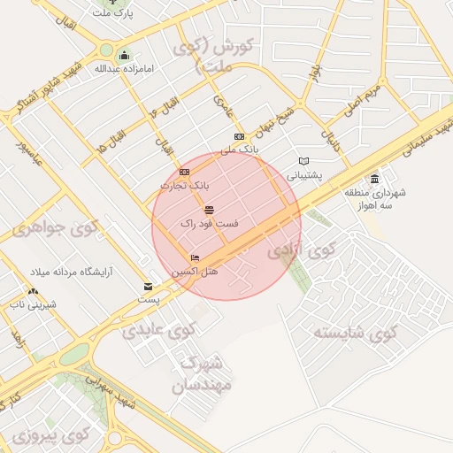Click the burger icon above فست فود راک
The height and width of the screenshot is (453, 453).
pyautogui.click(x=209, y=210)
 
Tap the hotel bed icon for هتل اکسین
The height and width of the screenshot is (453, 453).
pyautogui.click(x=195, y=257)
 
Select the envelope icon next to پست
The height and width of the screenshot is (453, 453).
pyautogui.click(x=149, y=287)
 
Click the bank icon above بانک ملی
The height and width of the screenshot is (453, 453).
pyautogui.click(x=240, y=136)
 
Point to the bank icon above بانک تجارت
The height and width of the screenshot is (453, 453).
pyautogui.click(x=184, y=172)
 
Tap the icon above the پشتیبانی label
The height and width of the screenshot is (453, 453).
pyautogui.click(x=305, y=161)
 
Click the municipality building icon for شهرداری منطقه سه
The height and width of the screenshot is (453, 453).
pyautogui.click(x=375, y=179)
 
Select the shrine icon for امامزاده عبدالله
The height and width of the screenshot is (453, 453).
pyautogui.click(x=123, y=55)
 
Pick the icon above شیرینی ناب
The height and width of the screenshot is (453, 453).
pyautogui.click(x=33, y=291)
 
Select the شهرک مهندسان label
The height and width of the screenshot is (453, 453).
pyautogui.click(x=204, y=374)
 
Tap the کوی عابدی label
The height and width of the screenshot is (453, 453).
pyautogui.click(x=142, y=333)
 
